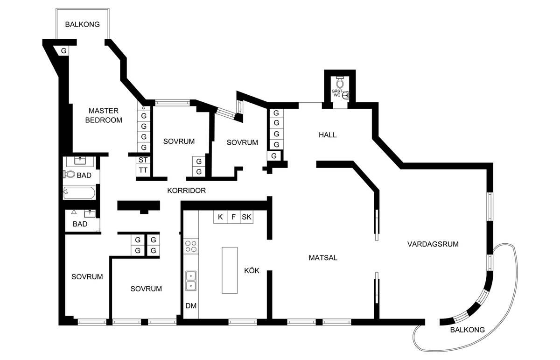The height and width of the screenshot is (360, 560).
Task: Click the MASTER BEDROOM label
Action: (x=104, y=115)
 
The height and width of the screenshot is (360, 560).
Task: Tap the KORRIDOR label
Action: (x=187, y=191)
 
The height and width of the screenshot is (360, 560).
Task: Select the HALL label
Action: (x=328, y=135)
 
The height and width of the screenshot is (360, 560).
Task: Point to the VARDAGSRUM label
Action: (x=433, y=244)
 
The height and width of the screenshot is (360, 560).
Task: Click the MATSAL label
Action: (x=323, y=258)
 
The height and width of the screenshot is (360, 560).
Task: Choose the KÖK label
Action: (x=252, y=270)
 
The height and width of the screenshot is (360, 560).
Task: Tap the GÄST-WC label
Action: (x=337, y=93)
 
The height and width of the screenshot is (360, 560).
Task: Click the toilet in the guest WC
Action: (x=340, y=82)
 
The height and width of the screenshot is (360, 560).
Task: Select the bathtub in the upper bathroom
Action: (x=79, y=193)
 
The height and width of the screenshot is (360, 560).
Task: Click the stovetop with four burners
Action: (x=191, y=247)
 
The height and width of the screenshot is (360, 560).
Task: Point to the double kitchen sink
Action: (x=191, y=281)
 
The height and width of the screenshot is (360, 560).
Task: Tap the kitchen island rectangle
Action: (x=230, y=270)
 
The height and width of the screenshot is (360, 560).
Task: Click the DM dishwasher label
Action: (x=191, y=306)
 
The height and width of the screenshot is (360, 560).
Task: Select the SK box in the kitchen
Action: (x=246, y=217)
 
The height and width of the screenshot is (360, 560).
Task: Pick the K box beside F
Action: (x=220, y=217)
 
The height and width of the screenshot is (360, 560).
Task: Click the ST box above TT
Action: (x=143, y=160)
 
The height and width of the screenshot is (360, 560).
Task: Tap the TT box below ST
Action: (x=143, y=170)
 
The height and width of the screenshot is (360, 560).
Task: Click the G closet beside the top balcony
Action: (x=64, y=51)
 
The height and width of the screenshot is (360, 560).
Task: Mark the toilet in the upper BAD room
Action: (x=69, y=174)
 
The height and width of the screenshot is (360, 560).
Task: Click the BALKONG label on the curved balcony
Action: (x=467, y=330)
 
